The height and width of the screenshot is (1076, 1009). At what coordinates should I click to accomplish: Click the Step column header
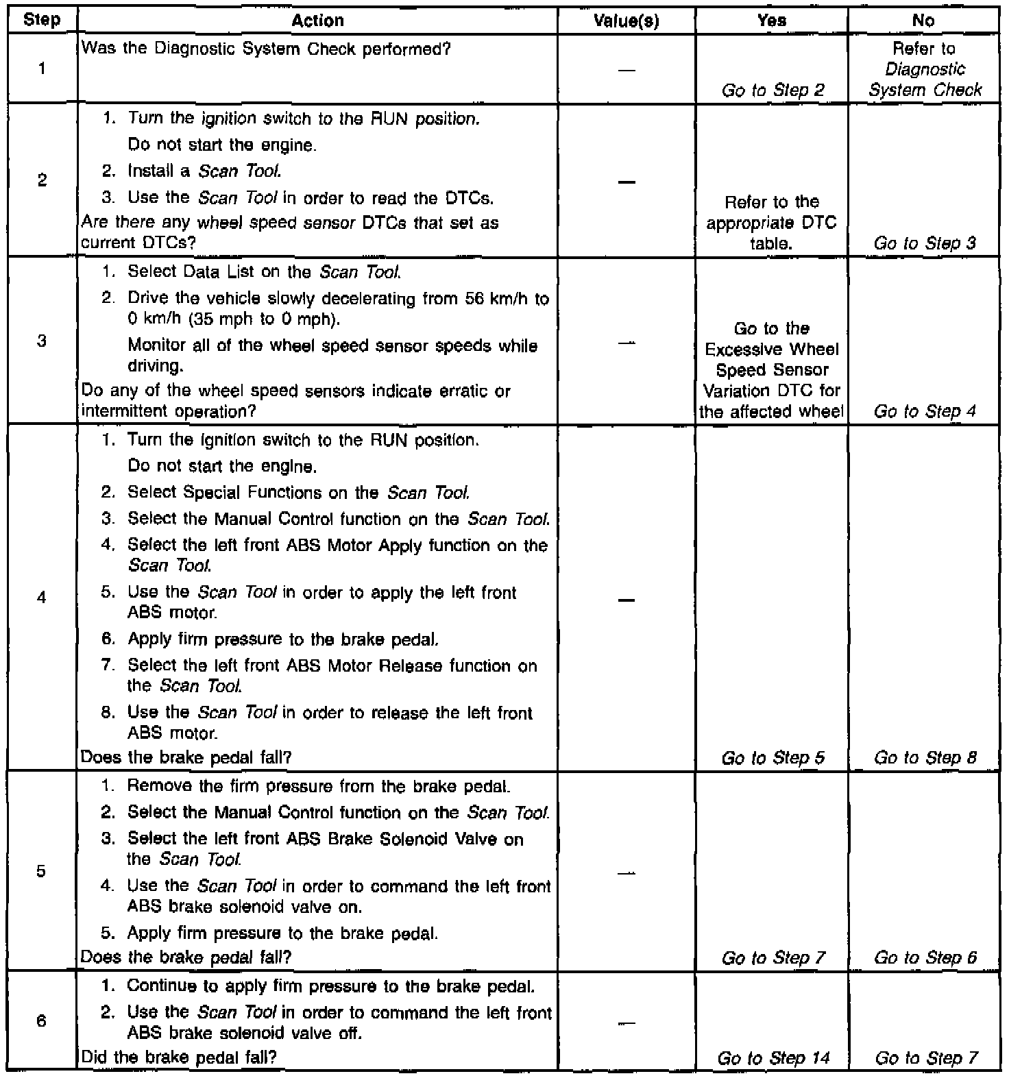coord(42,21)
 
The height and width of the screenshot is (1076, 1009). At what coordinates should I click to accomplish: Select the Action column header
coord(317,21)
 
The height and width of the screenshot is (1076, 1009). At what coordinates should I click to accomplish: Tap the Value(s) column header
coord(626,21)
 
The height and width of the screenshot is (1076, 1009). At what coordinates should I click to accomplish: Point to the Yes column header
coord(772,21)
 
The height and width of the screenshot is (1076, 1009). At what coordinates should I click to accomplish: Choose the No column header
coord(923,21)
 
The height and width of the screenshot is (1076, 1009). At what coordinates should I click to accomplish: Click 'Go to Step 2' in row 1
coord(773,90)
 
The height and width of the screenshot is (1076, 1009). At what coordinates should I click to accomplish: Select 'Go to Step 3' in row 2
coord(925,243)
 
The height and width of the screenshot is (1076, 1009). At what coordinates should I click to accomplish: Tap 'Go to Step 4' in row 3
coord(925,411)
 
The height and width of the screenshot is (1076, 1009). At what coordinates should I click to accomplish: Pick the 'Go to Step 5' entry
coord(773,757)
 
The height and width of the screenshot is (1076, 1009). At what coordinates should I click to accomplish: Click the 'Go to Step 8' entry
coord(925,757)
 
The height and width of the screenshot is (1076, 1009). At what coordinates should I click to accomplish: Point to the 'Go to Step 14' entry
coord(773,1058)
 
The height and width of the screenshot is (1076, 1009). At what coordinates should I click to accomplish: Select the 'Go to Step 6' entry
coord(925,957)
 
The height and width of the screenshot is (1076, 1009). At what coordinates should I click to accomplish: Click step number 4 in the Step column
coord(42,598)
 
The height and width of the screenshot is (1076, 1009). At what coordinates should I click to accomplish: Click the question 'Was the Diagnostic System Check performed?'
coord(266,49)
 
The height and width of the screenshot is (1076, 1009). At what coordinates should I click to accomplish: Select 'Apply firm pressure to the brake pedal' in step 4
coord(282,639)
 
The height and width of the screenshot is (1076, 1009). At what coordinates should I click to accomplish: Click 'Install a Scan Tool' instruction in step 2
coord(204,171)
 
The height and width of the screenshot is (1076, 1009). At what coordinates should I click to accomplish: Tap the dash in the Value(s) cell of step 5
coord(626,873)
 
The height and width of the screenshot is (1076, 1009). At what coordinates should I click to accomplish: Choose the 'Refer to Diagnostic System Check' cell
coord(925,69)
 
